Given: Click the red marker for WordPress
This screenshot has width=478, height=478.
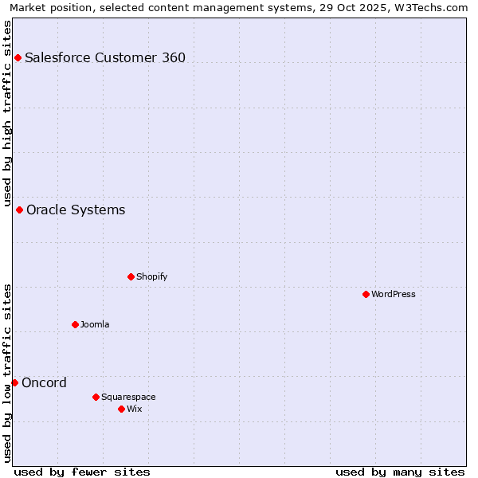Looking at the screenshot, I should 366,294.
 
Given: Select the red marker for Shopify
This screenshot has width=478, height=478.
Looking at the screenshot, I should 131,276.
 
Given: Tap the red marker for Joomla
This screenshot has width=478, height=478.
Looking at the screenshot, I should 75,324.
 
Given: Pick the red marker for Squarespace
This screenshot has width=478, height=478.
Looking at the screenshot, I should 96,397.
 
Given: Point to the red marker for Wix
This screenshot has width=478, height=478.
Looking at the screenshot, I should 121,409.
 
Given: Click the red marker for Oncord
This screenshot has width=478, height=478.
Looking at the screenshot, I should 14,382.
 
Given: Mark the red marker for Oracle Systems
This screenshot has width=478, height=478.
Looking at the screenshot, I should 19,210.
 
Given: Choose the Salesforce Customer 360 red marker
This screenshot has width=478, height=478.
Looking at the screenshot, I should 18,57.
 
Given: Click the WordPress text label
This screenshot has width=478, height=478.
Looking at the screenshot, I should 394,294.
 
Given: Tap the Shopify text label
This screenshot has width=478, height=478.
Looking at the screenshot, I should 151,276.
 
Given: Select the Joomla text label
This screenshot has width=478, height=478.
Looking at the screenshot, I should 95,324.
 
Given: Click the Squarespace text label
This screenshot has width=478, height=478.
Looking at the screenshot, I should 128,397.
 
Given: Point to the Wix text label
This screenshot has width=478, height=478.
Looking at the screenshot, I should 134,409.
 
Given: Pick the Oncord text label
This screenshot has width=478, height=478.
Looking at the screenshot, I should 45,382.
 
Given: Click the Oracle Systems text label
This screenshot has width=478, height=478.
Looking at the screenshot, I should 76,210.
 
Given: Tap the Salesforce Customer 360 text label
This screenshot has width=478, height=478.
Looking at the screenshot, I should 105,57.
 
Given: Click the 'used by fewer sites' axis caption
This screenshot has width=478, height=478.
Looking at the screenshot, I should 82,472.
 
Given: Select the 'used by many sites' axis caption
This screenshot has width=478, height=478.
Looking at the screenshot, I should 400,472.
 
